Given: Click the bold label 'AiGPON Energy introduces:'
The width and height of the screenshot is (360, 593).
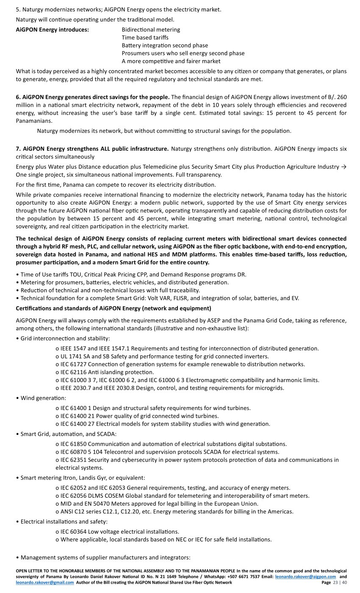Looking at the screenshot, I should (x=52, y=30).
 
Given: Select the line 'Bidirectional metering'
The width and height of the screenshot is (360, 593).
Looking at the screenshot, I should (x=151, y=30).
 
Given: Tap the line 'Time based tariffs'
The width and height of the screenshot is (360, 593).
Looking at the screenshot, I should (x=145, y=38).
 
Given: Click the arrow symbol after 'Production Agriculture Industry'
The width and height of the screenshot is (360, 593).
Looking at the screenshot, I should (x=343, y=167).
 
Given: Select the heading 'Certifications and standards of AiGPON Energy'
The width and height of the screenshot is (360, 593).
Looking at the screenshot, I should (x=114, y=308).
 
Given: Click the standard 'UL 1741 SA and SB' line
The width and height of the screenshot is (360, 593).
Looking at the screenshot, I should (x=162, y=357).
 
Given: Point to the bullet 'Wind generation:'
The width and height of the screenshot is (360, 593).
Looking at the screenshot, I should (x=43, y=398).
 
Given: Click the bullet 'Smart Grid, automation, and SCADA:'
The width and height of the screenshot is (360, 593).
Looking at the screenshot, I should (x=69, y=434).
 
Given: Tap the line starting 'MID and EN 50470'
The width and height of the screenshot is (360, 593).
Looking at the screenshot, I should (x=157, y=504).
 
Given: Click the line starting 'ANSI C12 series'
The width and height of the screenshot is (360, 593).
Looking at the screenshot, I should (x=174, y=512).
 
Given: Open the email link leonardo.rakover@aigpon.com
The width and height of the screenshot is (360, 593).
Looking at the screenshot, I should (x=305, y=577).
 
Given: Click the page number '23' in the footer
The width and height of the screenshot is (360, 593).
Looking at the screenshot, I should (x=336, y=582).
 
